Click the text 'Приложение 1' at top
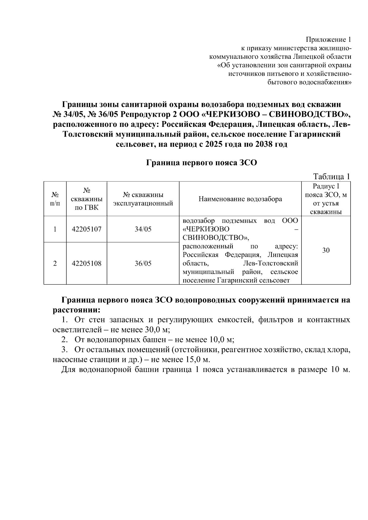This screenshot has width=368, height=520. pyautogui.click(x=328, y=40)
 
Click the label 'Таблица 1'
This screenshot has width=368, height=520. pyautogui.click(x=331, y=176)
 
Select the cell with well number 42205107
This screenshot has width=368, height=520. pyautogui.click(x=86, y=229)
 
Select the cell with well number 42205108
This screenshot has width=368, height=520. pyautogui.click(x=86, y=263)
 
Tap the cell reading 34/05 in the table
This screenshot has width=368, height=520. pyautogui.click(x=143, y=229)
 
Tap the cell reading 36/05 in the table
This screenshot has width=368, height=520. pyautogui.click(x=143, y=263)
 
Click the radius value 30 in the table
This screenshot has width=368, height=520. pyautogui.click(x=326, y=250)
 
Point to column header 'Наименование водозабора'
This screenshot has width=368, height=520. pyautogui.click(x=240, y=199)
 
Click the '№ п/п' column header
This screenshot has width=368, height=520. pyautogui.click(x=55, y=199)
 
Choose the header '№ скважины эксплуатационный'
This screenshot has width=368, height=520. pyautogui.click(x=143, y=199)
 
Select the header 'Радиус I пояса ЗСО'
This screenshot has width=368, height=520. pyautogui.click(x=326, y=199)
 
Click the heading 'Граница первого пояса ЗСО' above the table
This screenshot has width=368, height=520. pyautogui.click(x=201, y=162)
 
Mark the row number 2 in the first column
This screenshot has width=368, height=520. pyautogui.click(x=55, y=263)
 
